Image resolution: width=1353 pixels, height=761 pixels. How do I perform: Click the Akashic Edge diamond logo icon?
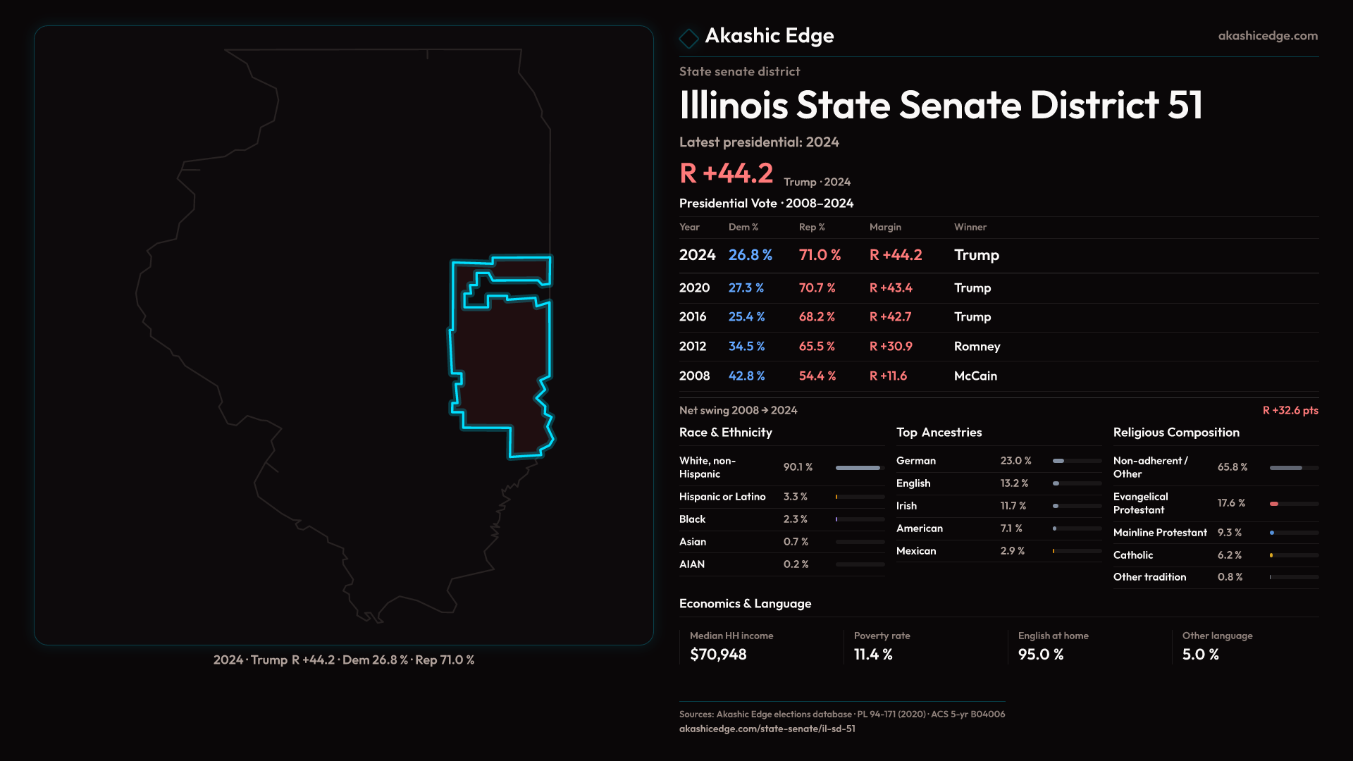688,37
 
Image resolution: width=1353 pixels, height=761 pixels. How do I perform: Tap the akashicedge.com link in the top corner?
1268,36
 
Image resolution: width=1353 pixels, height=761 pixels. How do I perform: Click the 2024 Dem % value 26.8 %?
750,255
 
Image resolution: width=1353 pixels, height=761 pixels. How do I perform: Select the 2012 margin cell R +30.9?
891,347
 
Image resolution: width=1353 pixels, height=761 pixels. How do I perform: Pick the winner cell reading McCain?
975,376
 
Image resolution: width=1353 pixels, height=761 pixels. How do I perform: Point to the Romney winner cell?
977,347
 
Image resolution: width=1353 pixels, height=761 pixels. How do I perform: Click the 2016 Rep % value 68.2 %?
817,317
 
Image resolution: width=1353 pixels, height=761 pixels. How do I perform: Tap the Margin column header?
885,227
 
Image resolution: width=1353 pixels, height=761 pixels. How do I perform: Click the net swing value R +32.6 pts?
1290,410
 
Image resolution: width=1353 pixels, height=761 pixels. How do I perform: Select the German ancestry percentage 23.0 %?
1015,461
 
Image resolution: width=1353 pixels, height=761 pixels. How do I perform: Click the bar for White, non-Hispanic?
858,468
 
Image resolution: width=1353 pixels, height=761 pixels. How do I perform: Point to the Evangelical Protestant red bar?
1274,504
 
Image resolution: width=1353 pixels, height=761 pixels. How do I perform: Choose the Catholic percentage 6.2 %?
1229,555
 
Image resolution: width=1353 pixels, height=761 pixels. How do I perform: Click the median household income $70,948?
718,655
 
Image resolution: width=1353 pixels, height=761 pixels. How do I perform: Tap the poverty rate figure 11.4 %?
873,655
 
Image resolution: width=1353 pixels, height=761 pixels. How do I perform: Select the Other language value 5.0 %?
1200,655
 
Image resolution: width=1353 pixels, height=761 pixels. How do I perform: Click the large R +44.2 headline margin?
726,173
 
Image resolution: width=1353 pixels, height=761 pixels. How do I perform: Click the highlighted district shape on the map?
500,366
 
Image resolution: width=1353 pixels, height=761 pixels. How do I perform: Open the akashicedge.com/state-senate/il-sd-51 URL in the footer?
767,729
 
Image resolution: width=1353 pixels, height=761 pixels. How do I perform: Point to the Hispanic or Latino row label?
722,497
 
